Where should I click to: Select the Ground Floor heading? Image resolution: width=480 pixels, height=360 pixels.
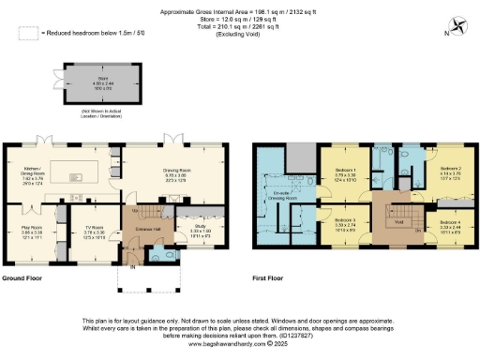point(25,278)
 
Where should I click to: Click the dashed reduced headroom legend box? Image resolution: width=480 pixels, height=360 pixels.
point(28,33)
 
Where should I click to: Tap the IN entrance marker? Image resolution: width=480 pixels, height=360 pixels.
point(132,267)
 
